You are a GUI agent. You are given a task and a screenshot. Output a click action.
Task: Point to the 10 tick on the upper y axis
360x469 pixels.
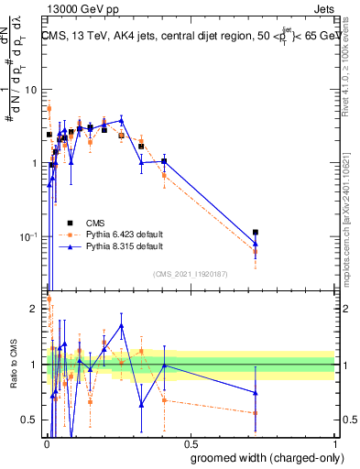click(x=32, y=90)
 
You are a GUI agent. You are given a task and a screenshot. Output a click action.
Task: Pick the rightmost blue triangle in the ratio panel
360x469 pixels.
click(x=256, y=393)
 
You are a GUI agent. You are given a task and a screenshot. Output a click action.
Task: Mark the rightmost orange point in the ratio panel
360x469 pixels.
click(x=256, y=413)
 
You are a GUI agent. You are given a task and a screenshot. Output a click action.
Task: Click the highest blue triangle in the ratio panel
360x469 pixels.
click(x=121, y=325)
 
